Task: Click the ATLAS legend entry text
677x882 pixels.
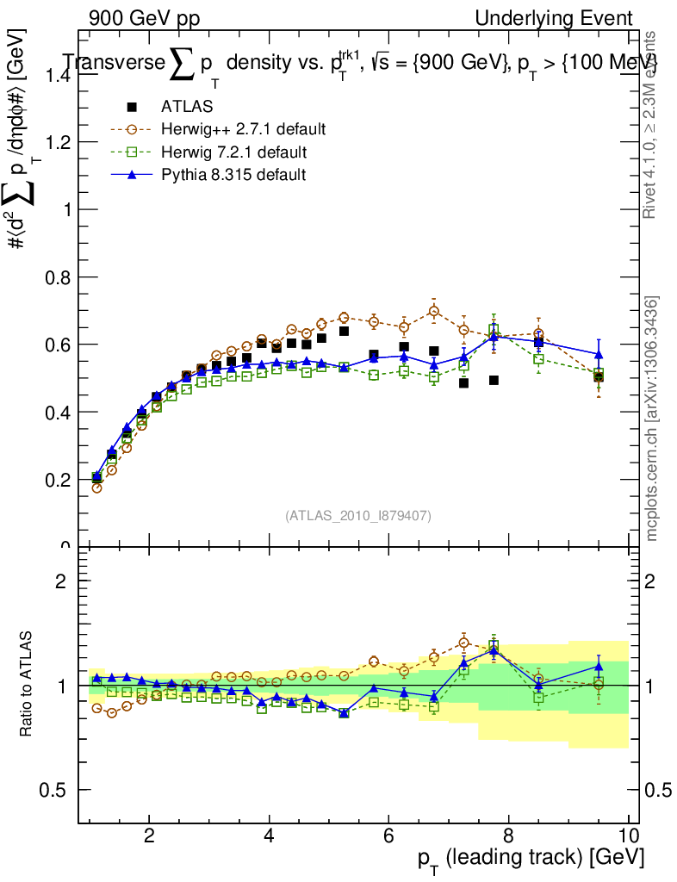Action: click(187, 107)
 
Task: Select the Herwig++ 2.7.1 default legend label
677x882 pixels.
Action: click(243, 130)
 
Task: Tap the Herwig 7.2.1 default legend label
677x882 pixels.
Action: click(234, 152)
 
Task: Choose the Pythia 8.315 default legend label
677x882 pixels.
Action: click(233, 175)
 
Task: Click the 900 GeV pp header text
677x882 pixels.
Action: click(140, 18)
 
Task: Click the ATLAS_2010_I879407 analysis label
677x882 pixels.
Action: click(358, 515)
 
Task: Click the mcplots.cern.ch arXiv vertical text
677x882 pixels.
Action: click(653, 418)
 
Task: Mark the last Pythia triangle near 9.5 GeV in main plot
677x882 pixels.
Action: click(599, 354)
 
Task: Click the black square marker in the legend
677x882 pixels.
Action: click(132, 107)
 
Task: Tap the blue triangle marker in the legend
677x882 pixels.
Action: click(132, 175)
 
